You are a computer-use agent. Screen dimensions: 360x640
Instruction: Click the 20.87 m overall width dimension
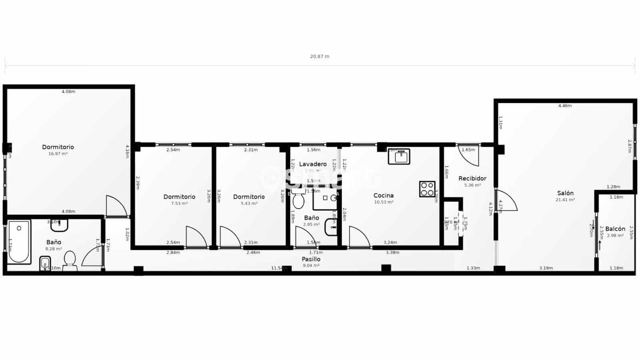pyautogui.click(x=320, y=56)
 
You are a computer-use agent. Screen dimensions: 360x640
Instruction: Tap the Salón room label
pyautogui.click(x=565, y=193)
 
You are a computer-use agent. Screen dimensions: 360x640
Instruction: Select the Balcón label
pyautogui.click(x=615, y=229)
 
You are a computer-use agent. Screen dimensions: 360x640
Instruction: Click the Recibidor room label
pyautogui.click(x=472, y=178)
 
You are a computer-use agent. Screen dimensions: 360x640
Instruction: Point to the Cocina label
pyautogui.click(x=383, y=195)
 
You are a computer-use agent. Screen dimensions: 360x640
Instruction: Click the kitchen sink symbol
pyautogui.click(x=399, y=156)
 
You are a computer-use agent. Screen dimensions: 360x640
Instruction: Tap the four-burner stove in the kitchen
pyautogui.click(x=427, y=189)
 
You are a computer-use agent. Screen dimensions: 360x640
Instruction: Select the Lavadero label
pyautogui.click(x=313, y=164)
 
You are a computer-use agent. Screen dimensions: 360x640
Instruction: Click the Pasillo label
pyautogui.click(x=311, y=259)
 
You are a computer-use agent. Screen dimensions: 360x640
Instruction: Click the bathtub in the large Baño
pyautogui.click(x=19, y=242)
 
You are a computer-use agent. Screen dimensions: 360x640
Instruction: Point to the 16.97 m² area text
pyautogui.click(x=58, y=154)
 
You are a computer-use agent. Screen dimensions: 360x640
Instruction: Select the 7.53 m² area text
pyautogui.click(x=179, y=203)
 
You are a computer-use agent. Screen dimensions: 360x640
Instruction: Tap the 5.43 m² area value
pyautogui.click(x=249, y=203)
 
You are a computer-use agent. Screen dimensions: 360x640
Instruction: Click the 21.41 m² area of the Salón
pyautogui.click(x=565, y=200)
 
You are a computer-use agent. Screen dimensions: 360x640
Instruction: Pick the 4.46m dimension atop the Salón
pyautogui.click(x=565, y=106)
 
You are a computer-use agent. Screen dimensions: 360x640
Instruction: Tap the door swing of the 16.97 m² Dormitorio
pyautogui.click(x=116, y=206)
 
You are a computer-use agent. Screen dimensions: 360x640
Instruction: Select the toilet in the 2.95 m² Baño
pyautogui.click(x=298, y=200)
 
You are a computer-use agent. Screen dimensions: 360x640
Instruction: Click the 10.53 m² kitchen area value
pyautogui.click(x=383, y=202)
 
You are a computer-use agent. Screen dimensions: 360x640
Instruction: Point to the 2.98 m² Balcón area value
pyautogui.click(x=615, y=236)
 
